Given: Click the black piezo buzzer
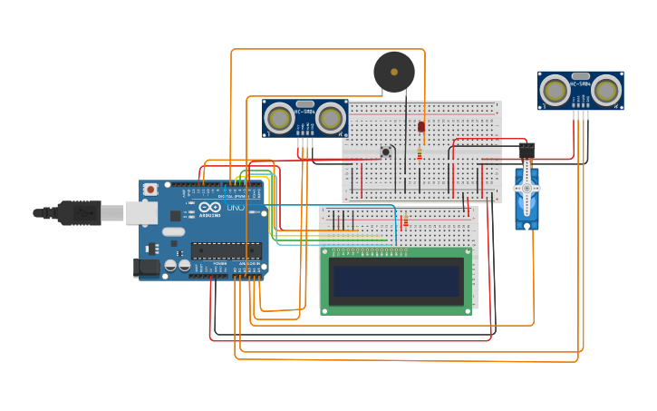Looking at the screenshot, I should (x=394, y=71).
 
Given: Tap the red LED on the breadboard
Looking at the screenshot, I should (x=421, y=127).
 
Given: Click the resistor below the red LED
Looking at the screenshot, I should (x=420, y=154).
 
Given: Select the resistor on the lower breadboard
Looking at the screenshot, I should (x=405, y=220).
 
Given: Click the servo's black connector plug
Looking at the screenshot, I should (x=527, y=150).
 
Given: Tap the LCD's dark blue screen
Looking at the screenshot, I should (x=396, y=281).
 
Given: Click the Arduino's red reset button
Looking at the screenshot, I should (x=150, y=190).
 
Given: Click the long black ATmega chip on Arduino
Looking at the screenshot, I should (x=226, y=250).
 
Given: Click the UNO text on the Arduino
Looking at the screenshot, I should (x=235, y=208).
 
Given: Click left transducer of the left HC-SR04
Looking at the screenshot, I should (x=280, y=117).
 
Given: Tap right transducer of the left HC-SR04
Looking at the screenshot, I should (x=331, y=117).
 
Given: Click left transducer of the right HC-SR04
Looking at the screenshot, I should (x=556, y=90).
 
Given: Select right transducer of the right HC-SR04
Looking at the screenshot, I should (x=606, y=90).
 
